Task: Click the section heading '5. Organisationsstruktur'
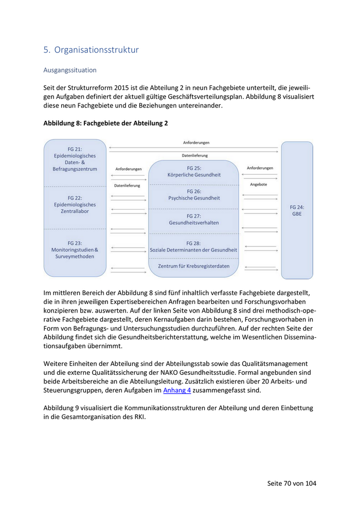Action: coord(91,50)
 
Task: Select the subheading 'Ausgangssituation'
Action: coord(70,69)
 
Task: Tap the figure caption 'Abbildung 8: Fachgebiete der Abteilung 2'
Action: coord(105,123)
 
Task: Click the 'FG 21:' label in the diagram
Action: coord(75,149)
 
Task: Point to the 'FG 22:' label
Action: coord(75,197)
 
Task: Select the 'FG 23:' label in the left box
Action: coord(75,243)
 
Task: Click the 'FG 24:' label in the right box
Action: coord(297,207)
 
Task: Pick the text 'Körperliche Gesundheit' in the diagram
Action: coord(194,175)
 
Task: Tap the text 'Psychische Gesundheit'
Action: coord(194,198)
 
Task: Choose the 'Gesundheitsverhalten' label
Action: coord(194,223)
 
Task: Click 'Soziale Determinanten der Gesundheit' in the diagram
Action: coord(194,250)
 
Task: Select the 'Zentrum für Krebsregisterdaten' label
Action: coord(194,266)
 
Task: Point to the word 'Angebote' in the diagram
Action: coord(258,184)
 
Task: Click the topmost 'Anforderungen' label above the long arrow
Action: coord(196,142)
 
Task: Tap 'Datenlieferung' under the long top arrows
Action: coord(195,155)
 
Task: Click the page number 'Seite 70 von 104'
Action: coord(292,483)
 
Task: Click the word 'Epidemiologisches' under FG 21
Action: coord(75,156)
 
